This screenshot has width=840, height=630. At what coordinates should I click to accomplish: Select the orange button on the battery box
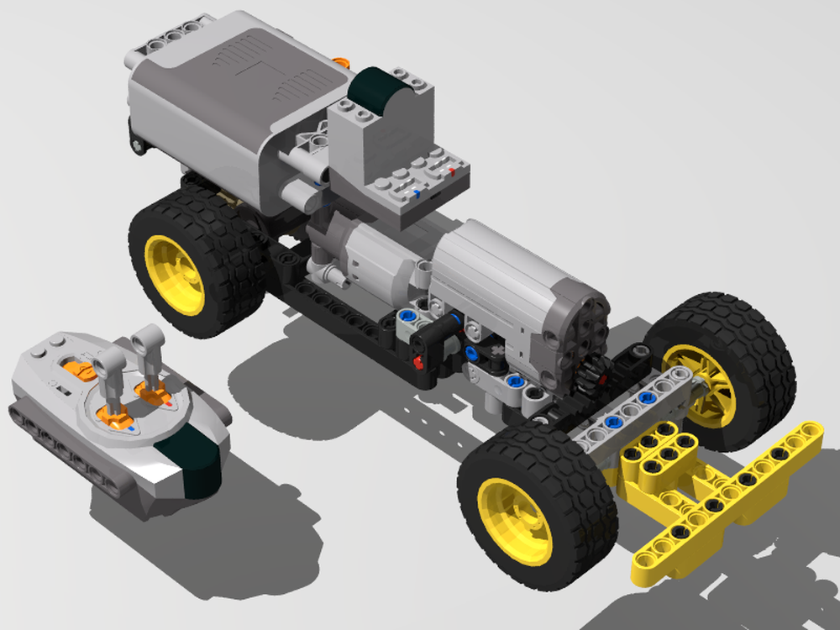[x=341, y=63]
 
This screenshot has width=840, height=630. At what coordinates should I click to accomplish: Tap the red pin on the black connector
[x=417, y=362]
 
